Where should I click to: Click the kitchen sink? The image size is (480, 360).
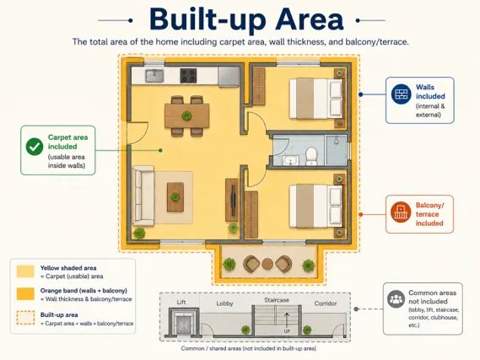click(154, 76)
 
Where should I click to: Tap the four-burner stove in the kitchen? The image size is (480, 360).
click(188, 76)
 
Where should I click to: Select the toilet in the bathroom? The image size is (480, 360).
click(311, 156)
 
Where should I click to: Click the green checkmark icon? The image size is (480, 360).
click(35, 147)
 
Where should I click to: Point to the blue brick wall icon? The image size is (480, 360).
click(401, 94)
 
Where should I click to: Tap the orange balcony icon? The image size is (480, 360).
click(401, 212)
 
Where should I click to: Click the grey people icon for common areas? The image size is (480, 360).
click(396, 298)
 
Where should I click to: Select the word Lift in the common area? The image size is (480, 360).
click(181, 302)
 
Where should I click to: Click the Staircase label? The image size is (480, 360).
click(277, 300)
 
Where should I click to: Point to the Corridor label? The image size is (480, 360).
click(326, 304)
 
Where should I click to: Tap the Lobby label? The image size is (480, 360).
click(224, 304)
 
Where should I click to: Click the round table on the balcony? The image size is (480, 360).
click(267, 264)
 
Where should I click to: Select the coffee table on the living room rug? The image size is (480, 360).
click(175, 197)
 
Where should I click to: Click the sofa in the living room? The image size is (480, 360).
click(143, 196)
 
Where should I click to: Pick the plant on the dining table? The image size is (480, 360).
click(186, 116)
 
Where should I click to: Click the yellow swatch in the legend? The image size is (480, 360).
click(25, 271)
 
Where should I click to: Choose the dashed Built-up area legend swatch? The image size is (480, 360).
click(25, 318)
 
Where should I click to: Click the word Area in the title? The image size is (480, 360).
click(310, 19)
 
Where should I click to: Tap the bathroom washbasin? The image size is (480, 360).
click(290, 160)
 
